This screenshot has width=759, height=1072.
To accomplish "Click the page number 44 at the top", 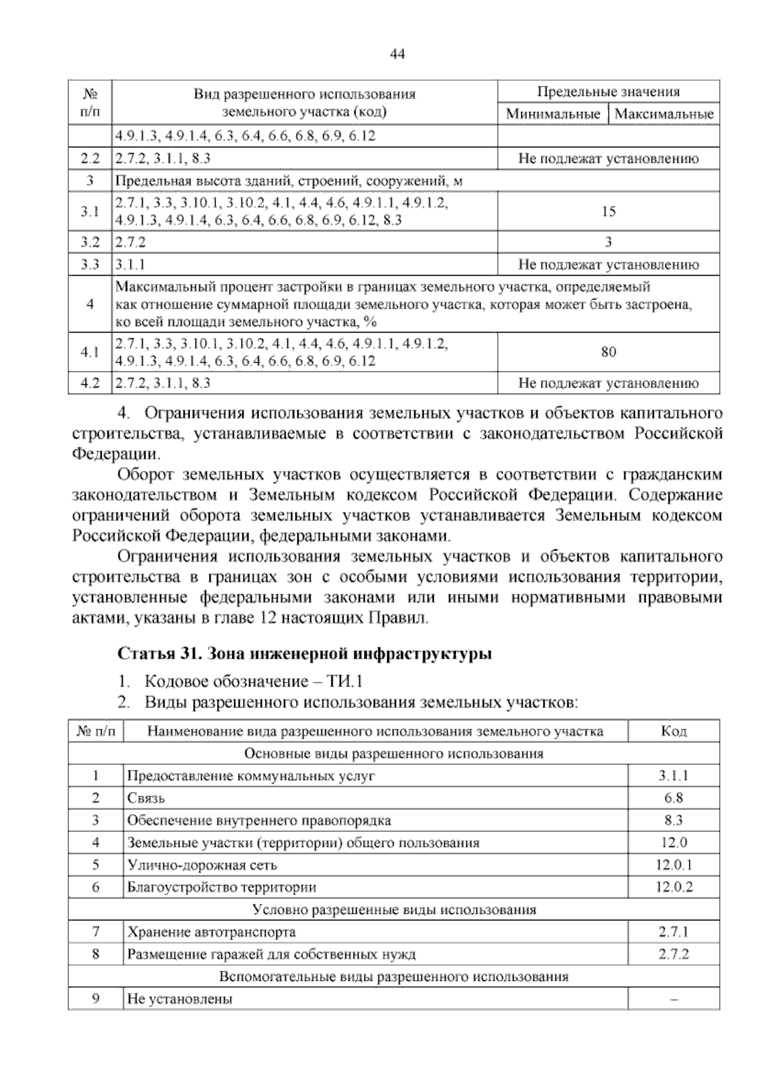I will tap(397, 54).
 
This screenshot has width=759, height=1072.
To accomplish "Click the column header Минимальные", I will tap(553, 114).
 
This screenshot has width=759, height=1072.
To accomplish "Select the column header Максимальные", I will tap(663, 114).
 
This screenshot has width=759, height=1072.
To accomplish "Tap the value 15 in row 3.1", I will tap(608, 212).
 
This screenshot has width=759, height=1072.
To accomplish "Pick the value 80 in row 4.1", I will tap(608, 352).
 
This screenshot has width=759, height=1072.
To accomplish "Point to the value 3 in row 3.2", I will tap(608, 242).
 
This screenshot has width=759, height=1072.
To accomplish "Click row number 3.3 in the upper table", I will tap(90, 264).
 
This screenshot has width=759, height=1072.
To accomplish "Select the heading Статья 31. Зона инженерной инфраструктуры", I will tap(305, 654).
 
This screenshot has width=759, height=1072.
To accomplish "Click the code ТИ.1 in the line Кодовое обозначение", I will tap(345, 682).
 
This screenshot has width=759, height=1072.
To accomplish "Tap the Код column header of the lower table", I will tap(674, 731).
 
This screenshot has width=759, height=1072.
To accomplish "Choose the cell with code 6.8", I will tap(674, 798).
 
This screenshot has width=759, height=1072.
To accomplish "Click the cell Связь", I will tap(146, 798).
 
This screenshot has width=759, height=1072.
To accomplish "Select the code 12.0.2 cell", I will tap(674, 887).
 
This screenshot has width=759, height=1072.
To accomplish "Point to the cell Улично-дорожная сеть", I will tap(202, 865).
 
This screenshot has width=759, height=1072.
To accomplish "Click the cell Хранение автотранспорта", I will tap(211, 932).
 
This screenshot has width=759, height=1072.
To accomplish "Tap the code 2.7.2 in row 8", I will tap(674, 954).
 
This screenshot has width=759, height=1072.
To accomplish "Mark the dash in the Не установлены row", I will tap(674, 999).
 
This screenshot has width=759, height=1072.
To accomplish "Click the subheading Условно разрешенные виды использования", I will tap(393, 910).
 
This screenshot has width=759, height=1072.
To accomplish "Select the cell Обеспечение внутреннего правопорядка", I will tap(259, 820).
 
